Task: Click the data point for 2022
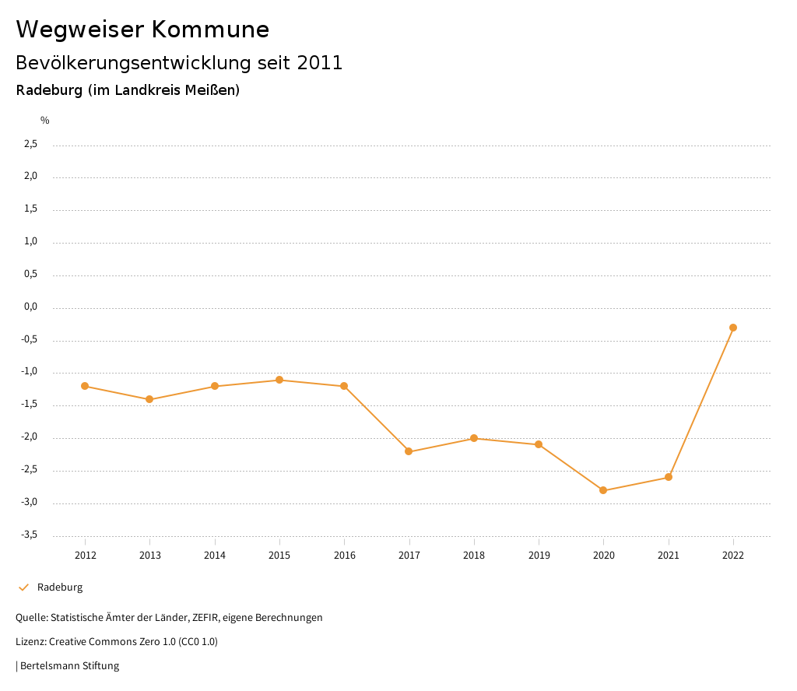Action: [733, 328]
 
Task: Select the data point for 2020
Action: [603, 490]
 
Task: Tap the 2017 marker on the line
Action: [409, 451]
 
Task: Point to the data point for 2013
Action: [149, 399]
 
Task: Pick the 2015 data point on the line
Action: [279, 380]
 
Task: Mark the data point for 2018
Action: [473, 438]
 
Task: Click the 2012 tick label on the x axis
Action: [85, 555]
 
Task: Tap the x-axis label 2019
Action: [539, 555]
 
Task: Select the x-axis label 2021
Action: [668, 555]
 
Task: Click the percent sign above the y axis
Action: [45, 120]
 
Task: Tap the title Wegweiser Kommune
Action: [142, 30]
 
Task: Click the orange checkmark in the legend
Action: [23, 588]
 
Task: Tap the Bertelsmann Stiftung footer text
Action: [68, 666]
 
